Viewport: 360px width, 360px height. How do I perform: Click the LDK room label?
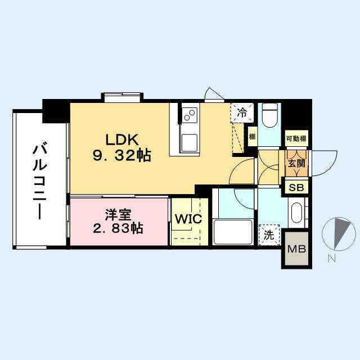pyautogui.click(x=119, y=139)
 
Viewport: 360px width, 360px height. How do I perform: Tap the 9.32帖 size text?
pyautogui.click(x=122, y=155)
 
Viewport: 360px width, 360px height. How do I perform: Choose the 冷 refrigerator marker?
pyautogui.click(x=241, y=111)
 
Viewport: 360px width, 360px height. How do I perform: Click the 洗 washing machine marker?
pyautogui.click(x=269, y=235)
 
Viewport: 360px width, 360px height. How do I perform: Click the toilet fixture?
pyautogui.click(x=269, y=116)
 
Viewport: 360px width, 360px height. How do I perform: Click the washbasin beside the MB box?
pyautogui.click(x=296, y=214)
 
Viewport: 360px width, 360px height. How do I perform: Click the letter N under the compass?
pyautogui.click(x=332, y=258)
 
